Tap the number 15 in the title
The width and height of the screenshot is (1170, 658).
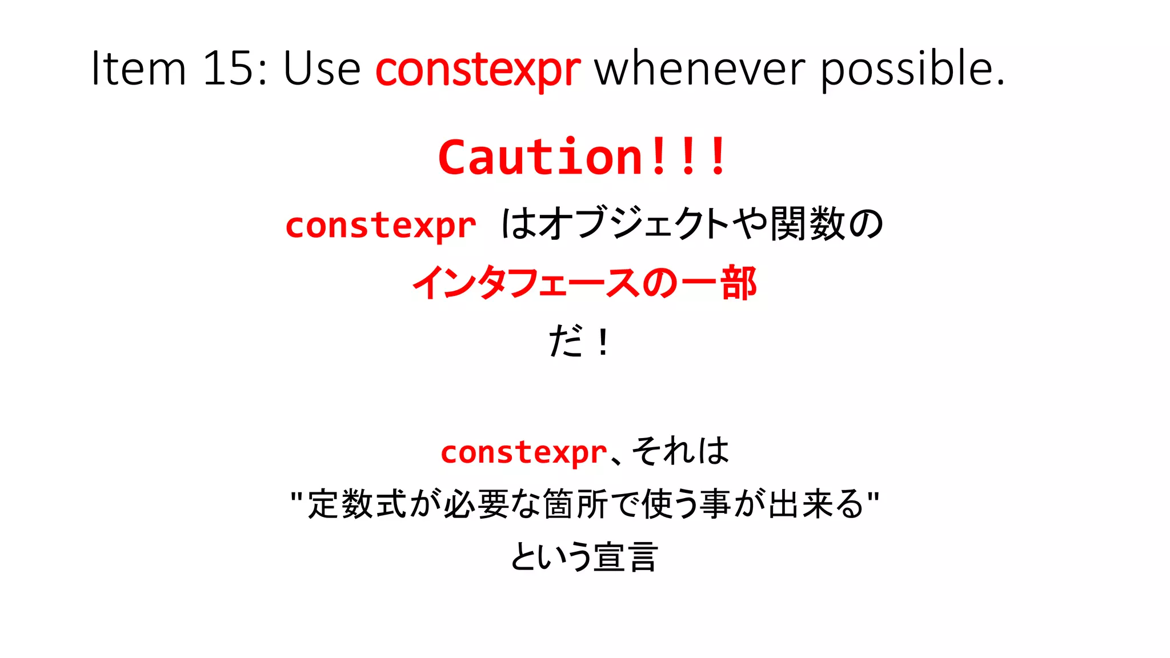point(229,69)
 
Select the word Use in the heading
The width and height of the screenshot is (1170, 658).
point(322,69)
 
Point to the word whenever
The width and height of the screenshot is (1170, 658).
point(700,69)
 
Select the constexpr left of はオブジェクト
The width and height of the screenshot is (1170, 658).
point(380,226)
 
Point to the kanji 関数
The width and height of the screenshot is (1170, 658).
point(807,224)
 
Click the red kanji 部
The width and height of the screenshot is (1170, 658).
point(738,283)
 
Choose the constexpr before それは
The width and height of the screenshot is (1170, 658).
point(523,452)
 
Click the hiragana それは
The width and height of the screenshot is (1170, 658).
point(680,451)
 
